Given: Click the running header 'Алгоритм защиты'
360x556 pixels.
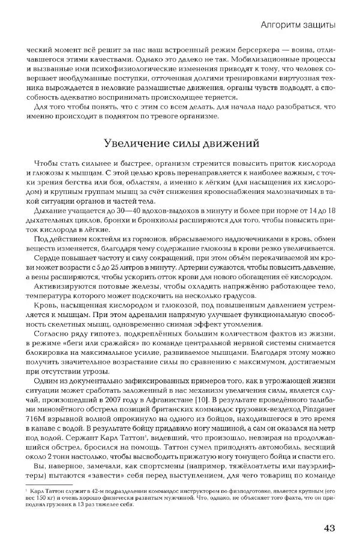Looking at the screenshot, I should (298, 24).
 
